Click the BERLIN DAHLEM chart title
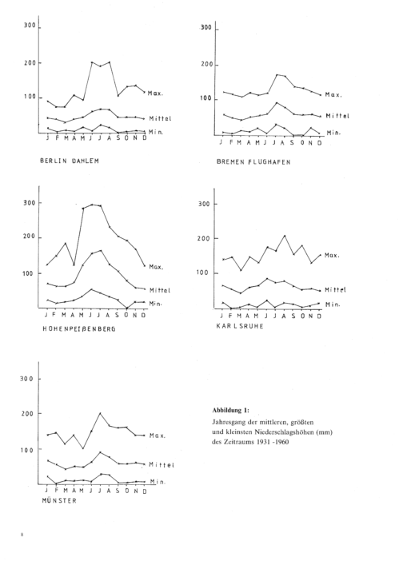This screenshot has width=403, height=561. point(70,161)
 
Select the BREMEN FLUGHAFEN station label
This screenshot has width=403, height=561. point(253,162)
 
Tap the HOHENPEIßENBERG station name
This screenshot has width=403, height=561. point(79,328)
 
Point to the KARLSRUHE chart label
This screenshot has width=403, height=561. point(240,326)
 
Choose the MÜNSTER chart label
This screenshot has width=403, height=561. point(59,500)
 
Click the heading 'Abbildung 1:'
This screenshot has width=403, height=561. point(230,410)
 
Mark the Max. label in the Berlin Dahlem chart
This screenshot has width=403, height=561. point(156,93)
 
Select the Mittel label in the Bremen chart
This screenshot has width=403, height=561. point(337,116)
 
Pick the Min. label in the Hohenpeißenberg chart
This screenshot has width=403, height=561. point(156,304)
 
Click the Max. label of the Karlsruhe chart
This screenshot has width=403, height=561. point(332,256)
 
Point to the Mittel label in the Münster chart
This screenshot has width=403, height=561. point(162,465)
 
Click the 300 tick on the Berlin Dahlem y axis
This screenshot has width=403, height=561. point(30,26)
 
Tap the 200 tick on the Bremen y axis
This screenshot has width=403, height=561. point(206,65)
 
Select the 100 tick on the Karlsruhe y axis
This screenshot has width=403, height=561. point(202,273)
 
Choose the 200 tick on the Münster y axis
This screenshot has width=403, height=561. point(27,413)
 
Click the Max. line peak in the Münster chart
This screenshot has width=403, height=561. point(100,413)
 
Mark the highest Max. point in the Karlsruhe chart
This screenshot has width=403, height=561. point(285,236)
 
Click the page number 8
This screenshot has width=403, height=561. point(22,535)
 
